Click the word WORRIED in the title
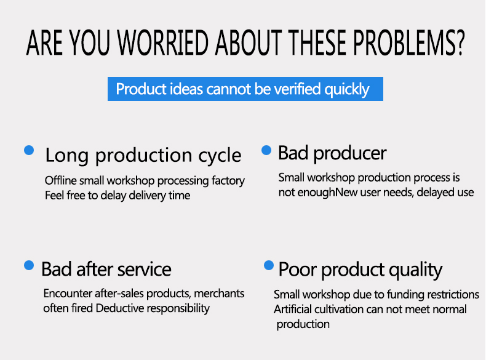(x=163, y=43)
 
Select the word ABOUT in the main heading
(x=249, y=43)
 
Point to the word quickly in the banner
(x=347, y=90)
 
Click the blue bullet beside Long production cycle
(x=29, y=150)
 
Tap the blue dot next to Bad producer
(x=266, y=150)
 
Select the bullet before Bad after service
(x=29, y=265)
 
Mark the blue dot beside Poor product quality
(x=269, y=265)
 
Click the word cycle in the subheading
(x=220, y=156)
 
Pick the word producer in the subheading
(x=350, y=153)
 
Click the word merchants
(x=219, y=294)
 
